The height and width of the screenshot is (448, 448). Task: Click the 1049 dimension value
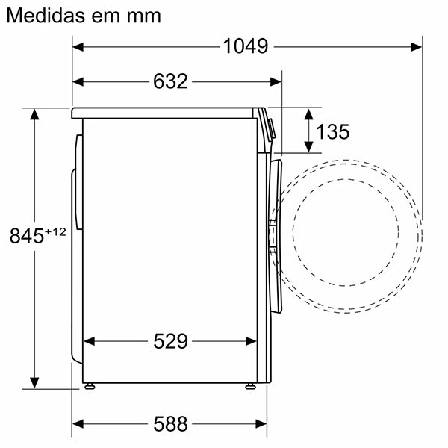pyautogui.click(x=246, y=46)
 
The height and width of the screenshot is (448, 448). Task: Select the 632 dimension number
pyautogui.click(x=170, y=81)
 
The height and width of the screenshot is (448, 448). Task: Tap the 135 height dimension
pyautogui.click(x=332, y=132)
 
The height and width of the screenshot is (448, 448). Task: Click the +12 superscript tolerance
pyautogui.click(x=55, y=232)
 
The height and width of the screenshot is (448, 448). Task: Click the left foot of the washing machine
pyautogui.click(x=90, y=385)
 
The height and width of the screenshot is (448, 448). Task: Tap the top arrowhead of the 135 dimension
pyautogui.click(x=308, y=113)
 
